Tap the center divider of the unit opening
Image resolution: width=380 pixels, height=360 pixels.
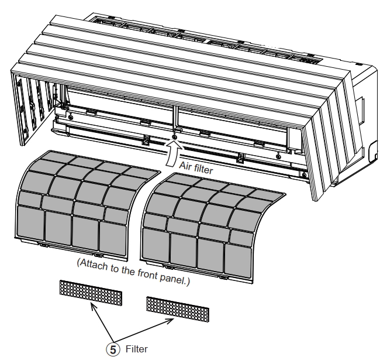pos(174,117)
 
